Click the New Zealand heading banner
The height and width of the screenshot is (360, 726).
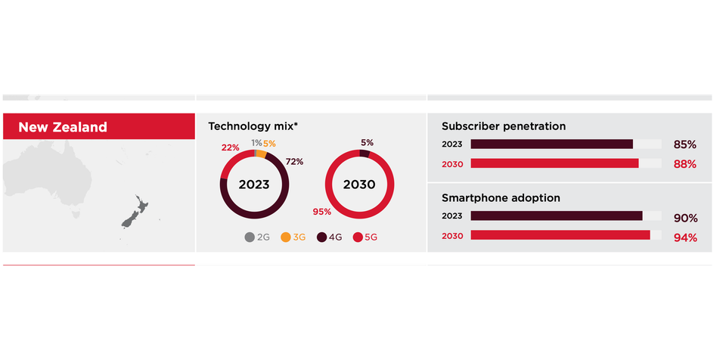tap(98, 127)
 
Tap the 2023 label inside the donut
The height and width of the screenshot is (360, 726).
tap(254, 184)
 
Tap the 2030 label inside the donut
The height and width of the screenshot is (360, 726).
tap(359, 184)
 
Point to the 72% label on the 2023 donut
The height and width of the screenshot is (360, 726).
tap(294, 162)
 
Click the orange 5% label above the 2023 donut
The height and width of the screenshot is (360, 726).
tap(269, 143)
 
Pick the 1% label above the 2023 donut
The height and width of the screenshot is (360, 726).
tap(257, 143)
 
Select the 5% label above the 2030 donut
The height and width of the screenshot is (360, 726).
tap(367, 142)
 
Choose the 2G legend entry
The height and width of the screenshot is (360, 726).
tap(257, 237)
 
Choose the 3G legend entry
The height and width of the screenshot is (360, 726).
tap(293, 237)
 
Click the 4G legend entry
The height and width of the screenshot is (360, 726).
tap(329, 237)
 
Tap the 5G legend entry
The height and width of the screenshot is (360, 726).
tap(365, 237)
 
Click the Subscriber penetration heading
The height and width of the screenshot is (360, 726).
tap(503, 126)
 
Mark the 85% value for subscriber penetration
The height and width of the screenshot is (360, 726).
tap(684, 144)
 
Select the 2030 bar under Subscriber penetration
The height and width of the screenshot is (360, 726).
tap(554, 163)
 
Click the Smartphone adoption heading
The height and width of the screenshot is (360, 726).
tap(501, 198)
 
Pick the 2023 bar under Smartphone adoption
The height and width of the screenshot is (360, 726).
tap(557, 216)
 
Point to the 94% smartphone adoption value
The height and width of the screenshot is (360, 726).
tap(684, 237)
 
